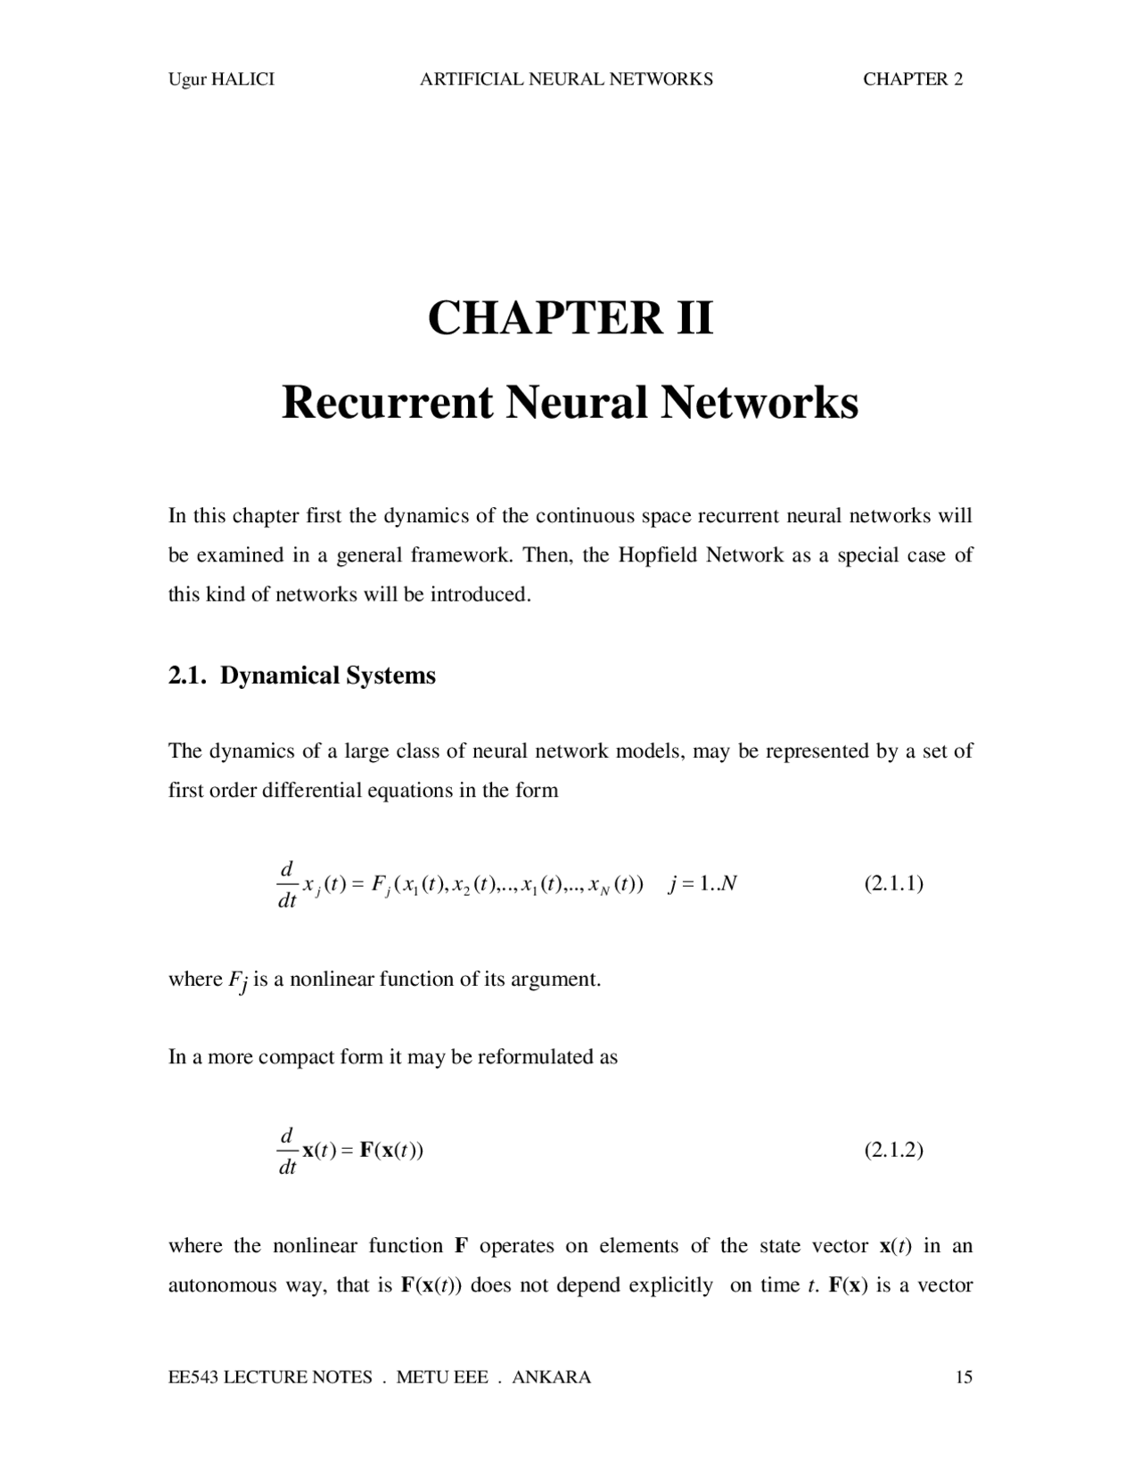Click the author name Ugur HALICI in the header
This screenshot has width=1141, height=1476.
(221, 79)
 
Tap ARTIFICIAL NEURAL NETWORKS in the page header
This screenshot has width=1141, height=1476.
(566, 79)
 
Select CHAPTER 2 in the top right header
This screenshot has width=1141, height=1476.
(913, 79)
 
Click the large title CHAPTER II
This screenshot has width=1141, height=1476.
(570, 318)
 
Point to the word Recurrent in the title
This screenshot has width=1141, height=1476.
(387, 403)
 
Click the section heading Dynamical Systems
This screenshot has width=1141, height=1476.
(328, 676)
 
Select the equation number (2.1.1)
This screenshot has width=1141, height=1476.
(893, 883)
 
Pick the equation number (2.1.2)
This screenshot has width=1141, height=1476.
(893, 1150)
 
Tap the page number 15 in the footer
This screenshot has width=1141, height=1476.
(964, 1377)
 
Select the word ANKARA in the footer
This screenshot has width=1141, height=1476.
(552, 1377)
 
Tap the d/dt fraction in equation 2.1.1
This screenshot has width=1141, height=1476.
(286, 884)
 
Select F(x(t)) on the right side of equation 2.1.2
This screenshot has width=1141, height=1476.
(391, 1150)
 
